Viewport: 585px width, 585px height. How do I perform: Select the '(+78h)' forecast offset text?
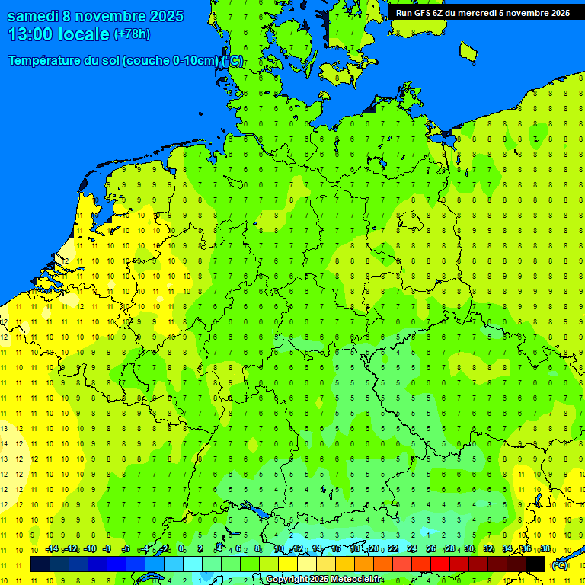point(132,34)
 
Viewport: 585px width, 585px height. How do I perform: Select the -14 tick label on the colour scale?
point(51,549)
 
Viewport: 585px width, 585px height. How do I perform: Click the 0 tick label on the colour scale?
point(181,549)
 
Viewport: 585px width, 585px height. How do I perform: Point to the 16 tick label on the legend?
point(336,549)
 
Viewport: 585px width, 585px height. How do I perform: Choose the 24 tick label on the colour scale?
point(412,549)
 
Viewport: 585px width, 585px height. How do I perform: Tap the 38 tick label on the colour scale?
point(545,549)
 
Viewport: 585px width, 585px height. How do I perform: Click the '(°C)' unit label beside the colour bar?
point(559,565)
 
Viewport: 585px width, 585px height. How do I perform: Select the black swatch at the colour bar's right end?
point(535,564)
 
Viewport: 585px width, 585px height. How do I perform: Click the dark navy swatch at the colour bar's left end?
point(40,564)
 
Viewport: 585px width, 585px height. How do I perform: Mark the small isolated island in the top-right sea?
point(468,51)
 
